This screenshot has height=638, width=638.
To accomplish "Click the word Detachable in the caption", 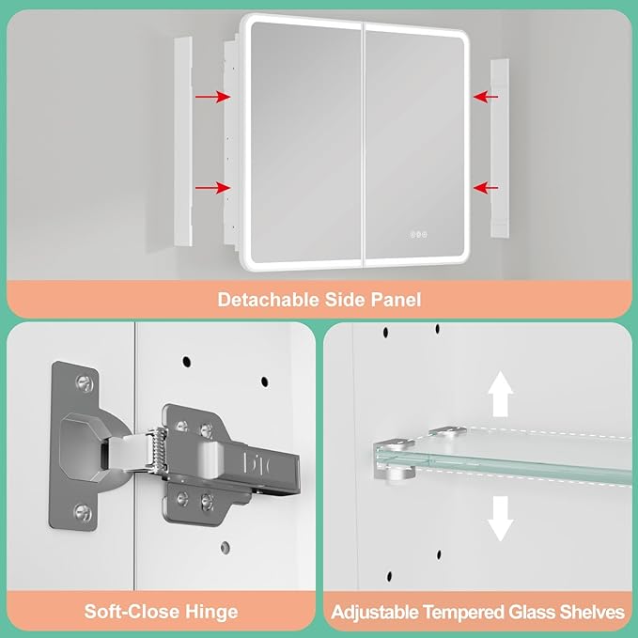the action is point(268,300).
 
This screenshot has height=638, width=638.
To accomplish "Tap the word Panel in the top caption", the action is point(396,300).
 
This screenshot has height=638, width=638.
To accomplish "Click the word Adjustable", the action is point(375,613).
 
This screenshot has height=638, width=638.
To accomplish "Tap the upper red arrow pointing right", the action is point(213,97).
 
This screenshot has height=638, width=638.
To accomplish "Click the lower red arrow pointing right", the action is point(213,188).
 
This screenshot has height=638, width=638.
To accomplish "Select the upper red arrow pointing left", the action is point(486,97).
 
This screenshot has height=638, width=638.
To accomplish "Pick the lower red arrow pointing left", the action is point(486,188).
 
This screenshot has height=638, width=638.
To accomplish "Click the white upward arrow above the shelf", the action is point(501,394).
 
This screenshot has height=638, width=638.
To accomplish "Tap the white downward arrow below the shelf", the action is point(500,519).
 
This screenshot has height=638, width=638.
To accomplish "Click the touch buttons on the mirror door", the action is point(418,234).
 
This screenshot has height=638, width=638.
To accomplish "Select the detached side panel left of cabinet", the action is point(183,142).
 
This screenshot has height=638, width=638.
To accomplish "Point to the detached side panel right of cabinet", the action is point(500,148).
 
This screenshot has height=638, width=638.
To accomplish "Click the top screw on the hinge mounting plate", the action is point(85,383).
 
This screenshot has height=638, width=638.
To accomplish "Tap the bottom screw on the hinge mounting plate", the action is point(83,513).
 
